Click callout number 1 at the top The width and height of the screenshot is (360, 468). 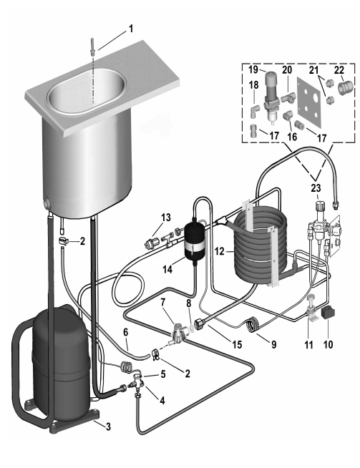[x=131, y=29]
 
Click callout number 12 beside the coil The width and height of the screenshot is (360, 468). [x=219, y=252]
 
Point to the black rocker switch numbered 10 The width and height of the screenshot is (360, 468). [x=328, y=313]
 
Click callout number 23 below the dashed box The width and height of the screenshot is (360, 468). [x=316, y=188]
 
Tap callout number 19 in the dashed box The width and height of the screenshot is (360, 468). [x=253, y=69]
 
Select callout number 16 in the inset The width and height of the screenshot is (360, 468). [x=292, y=137]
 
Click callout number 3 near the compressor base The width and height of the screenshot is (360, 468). [x=108, y=426]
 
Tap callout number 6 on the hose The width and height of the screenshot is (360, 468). [x=125, y=332]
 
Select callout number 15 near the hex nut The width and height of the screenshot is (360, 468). [x=237, y=344]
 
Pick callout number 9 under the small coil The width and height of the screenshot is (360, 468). [x=273, y=345]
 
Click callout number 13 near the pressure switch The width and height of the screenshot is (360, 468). [x=166, y=218]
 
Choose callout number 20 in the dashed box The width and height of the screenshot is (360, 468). [x=287, y=69]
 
